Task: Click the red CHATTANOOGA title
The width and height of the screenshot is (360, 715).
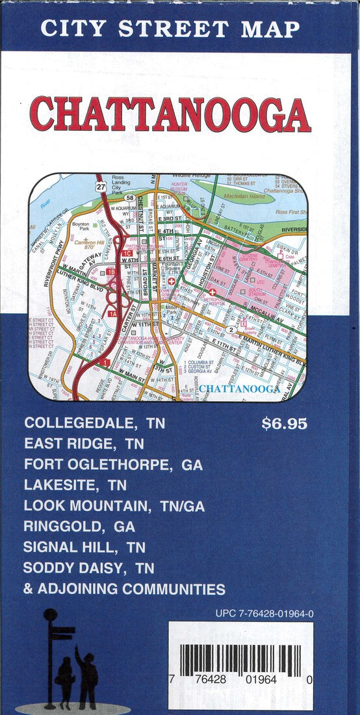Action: (x=171, y=114)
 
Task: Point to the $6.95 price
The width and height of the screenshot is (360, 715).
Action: (x=284, y=424)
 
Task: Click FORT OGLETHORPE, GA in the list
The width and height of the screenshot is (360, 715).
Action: (x=114, y=465)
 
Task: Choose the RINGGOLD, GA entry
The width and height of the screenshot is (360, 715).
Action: (x=79, y=526)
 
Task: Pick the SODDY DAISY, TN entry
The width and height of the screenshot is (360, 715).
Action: (x=88, y=567)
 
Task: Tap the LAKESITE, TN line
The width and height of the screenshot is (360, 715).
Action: (x=75, y=486)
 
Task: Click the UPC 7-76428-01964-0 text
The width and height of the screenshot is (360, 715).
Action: (x=264, y=613)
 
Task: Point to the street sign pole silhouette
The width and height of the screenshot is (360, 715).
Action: (x=50, y=656)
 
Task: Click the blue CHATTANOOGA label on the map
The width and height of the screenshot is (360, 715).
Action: (x=239, y=389)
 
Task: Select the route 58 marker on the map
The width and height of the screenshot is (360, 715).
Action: (x=131, y=198)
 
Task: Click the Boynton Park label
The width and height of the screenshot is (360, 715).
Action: (x=80, y=226)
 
